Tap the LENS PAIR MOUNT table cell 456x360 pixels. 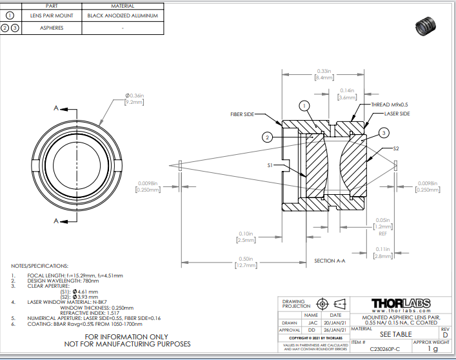pos(52,15)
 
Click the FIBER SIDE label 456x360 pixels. pos(243,114)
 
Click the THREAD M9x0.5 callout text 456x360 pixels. pos(389,105)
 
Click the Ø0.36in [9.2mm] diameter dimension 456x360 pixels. pos(134,98)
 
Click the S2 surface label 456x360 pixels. pos(396,149)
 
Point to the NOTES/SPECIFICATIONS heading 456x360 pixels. pos(39,266)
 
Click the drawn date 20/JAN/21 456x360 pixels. pos(335,323)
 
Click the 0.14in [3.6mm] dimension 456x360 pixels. pos(347,94)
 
